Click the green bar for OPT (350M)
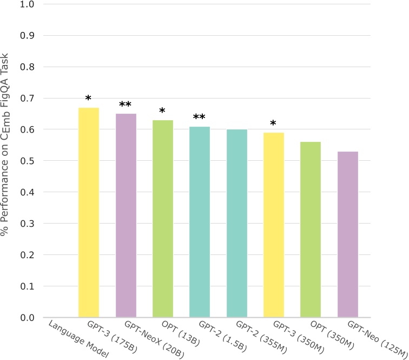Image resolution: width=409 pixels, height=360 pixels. (311, 230)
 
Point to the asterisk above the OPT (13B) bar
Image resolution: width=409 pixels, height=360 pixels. (162, 112)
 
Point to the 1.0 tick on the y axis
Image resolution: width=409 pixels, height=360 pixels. (27, 5)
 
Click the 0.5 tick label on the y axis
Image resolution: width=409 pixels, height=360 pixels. (27, 161)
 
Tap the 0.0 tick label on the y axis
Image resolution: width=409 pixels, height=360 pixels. (27, 318)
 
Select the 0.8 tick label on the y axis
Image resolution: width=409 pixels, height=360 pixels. (27, 68)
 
